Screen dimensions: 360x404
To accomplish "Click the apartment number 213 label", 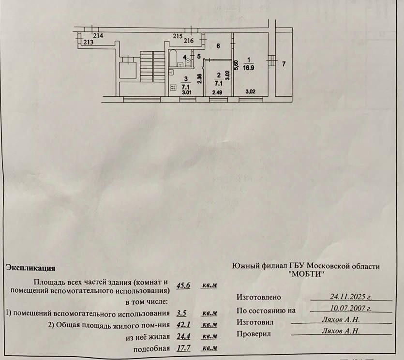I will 88,43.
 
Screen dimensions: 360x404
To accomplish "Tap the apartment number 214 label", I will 99,36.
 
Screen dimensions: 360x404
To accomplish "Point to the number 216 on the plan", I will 188,41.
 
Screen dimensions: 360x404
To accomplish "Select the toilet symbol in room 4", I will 188,62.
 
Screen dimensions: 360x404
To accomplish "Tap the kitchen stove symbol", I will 174,88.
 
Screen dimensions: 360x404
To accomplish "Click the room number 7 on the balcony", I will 284,64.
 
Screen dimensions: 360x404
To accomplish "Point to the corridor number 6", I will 218,46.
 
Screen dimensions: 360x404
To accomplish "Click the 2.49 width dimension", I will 216,92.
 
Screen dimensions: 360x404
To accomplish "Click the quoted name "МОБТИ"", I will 306,274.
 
